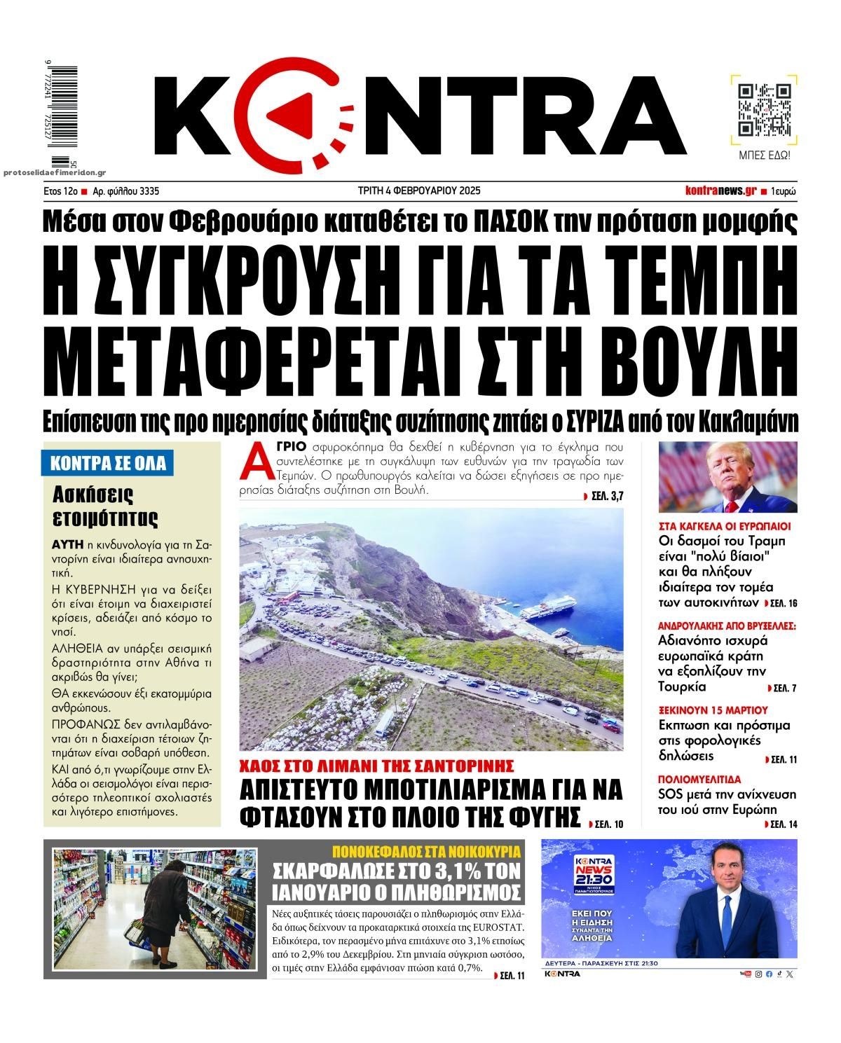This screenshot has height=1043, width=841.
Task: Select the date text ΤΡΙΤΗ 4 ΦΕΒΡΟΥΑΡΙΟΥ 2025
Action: coord(420,191)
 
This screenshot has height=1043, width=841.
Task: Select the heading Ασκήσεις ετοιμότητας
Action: coord(105,506)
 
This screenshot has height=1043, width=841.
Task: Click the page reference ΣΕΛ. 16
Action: coord(783,604)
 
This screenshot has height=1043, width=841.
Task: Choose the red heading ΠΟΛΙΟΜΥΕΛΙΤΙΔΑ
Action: coord(699,779)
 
